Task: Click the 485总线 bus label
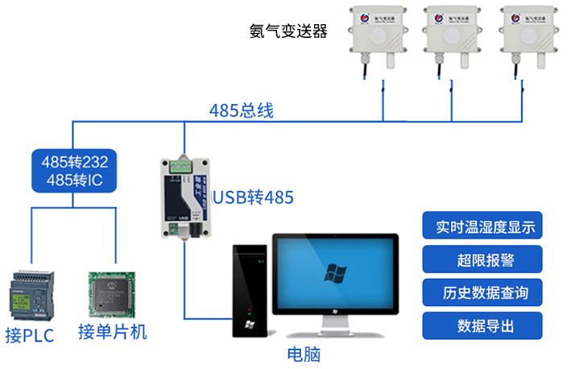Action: click(x=241, y=110)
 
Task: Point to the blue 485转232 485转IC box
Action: click(x=73, y=170)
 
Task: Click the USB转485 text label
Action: click(x=253, y=197)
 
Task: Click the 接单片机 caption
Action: click(x=112, y=332)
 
